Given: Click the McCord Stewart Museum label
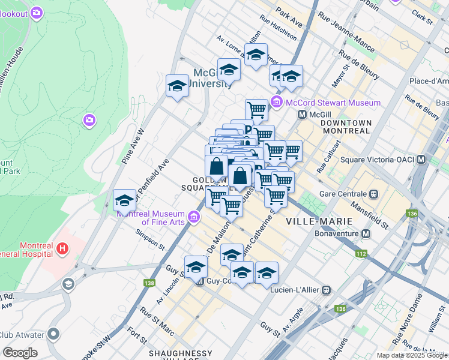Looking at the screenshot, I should point(333,103).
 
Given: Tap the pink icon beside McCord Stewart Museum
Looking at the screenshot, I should point(277,103).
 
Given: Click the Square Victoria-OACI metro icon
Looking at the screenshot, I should point(421,160).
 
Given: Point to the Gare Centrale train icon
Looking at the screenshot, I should point(373,194).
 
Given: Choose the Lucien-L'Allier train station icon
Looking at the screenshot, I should point(327,290).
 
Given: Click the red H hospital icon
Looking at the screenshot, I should point(61,247).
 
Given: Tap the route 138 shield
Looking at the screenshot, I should point(148,283).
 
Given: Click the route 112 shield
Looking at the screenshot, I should point(360,254).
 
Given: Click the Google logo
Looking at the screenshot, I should point(20,353).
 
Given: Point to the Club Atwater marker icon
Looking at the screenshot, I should point(53,334).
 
